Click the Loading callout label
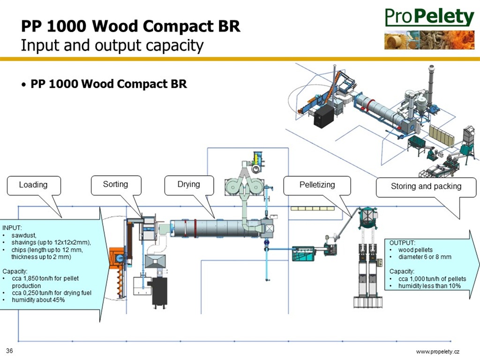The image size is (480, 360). pos(33,185)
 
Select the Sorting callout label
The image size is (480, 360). pos(115,184)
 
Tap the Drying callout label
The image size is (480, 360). pos(189,184)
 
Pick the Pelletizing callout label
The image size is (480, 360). pos(317,185)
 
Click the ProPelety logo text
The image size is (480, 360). pos(429,17)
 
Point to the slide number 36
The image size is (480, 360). pos(9,351)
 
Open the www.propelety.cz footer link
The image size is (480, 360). pos(438,352)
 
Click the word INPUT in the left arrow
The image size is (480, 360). pos(12,228)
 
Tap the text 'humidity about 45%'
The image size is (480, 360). pos(38,300)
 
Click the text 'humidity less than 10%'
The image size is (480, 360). pos(429,286)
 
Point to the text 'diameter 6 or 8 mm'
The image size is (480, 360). pos(425,257)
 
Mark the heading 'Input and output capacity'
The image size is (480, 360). pos(112,45)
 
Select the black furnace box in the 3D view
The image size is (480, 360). pos(324,117)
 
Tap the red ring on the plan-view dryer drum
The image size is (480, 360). pos(195,228)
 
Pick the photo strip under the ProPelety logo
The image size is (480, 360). pos(429,40)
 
